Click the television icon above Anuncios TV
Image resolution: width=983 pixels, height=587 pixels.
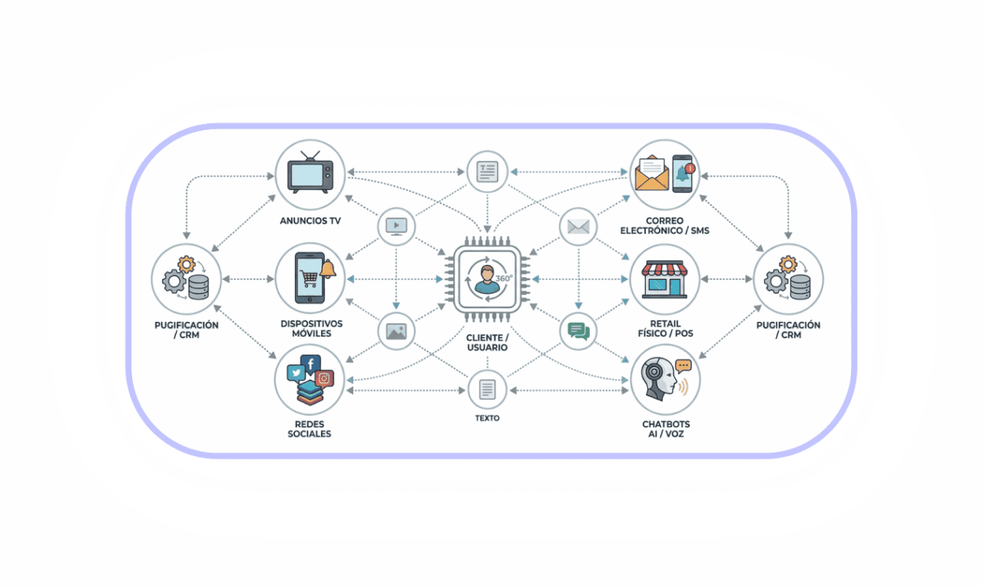310,172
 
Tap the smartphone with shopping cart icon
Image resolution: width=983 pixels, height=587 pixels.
309,277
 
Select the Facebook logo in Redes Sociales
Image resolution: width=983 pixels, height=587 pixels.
311,364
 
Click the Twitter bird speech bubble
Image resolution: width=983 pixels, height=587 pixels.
296,373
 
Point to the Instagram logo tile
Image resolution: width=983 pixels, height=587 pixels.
324,379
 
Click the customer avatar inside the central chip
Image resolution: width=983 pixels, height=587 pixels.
487,279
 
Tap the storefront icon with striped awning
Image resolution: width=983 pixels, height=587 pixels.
665,279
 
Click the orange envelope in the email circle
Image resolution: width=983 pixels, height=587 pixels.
652,174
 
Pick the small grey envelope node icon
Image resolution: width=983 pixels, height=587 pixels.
578,227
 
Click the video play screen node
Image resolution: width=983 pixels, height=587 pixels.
396,227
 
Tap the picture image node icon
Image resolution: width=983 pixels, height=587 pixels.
396,331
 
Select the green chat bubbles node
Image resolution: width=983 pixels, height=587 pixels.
578,331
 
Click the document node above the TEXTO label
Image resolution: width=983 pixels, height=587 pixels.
487,390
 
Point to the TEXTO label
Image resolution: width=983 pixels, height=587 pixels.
487,418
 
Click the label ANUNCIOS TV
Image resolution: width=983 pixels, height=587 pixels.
310,221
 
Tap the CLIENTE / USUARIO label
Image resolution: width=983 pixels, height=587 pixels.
487,343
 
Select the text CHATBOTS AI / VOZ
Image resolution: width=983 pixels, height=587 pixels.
666,429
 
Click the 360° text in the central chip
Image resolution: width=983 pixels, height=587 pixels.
504,278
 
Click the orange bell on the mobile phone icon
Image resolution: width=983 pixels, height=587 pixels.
327,269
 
